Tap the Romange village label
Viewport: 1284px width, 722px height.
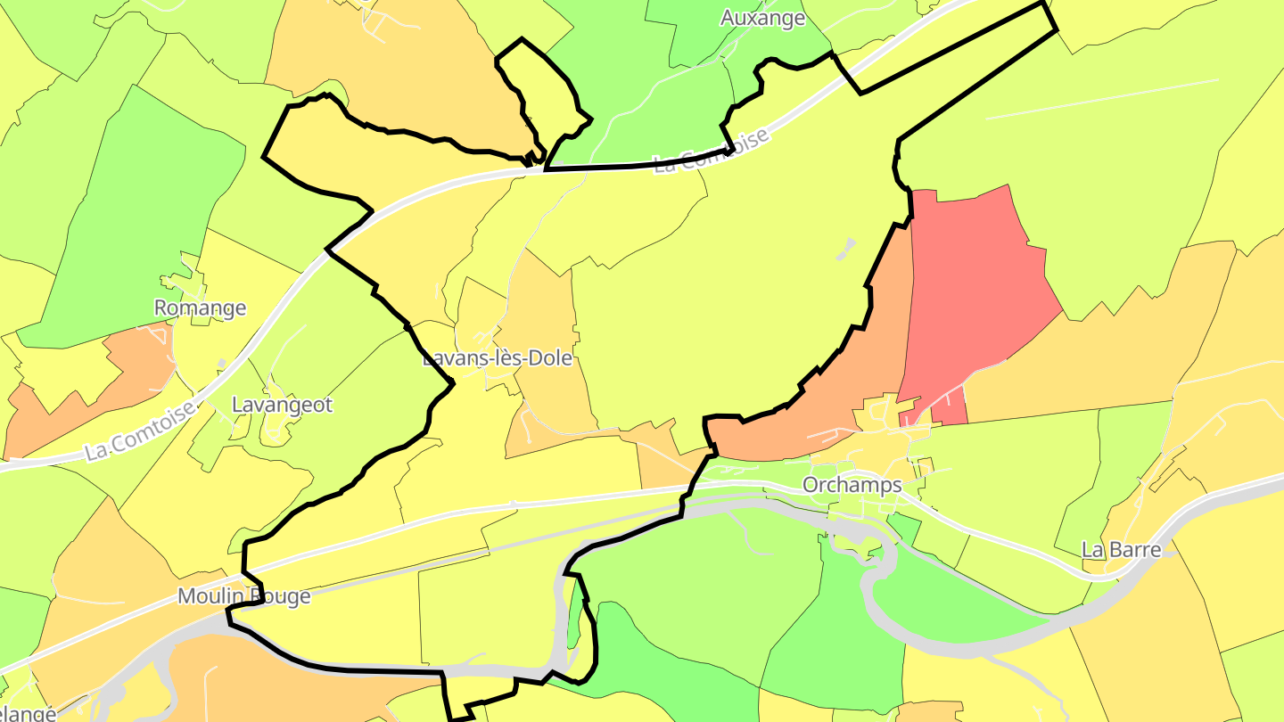[x=200, y=308]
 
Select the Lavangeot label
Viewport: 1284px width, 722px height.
[x=282, y=405]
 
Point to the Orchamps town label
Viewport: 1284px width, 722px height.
[x=852, y=486]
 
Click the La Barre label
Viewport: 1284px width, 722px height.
[x=1121, y=549]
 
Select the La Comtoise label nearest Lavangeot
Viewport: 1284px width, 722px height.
[x=140, y=431]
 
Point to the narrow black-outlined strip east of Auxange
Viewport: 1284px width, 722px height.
[x=954, y=45]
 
